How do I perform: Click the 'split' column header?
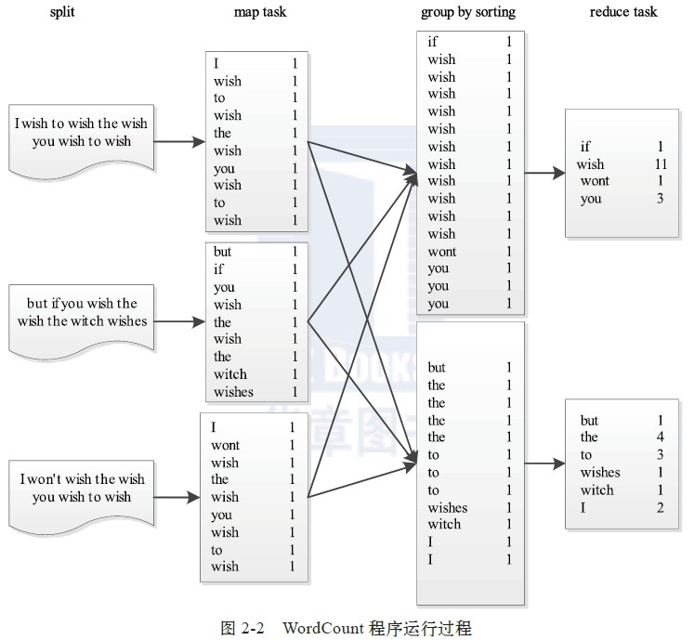(62, 12)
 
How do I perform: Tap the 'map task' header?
(260, 12)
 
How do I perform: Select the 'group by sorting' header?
(468, 12)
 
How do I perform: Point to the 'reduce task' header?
(623, 12)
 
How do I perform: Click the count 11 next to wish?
(661, 164)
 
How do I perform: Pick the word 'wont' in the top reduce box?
(595, 181)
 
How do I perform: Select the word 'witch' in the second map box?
(229, 374)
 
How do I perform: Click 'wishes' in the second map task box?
(233, 392)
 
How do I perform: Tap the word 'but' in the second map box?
(222, 252)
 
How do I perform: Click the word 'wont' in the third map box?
(225, 446)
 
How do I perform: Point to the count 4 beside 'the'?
(661, 438)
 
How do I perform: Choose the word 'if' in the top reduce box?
(585, 147)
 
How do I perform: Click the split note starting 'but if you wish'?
(82, 313)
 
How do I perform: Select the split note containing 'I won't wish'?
(82, 488)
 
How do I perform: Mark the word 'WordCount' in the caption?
(319, 628)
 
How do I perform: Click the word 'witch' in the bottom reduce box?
(597, 490)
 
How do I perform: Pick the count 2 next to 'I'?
(661, 507)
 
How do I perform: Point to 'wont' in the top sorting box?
(442, 252)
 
